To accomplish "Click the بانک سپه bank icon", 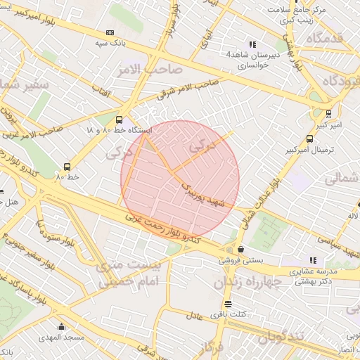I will pos(110,32).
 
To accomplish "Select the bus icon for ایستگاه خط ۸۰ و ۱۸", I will pos(119,120).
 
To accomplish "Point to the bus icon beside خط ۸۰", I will pos(67,167).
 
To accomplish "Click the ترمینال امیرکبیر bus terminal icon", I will pos(310,139).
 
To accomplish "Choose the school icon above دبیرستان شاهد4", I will pos(252,44).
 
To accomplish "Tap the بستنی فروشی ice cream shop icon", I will pos(241,249).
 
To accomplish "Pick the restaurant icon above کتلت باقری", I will pos(227,304).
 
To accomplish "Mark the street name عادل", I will pos(195,316).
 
